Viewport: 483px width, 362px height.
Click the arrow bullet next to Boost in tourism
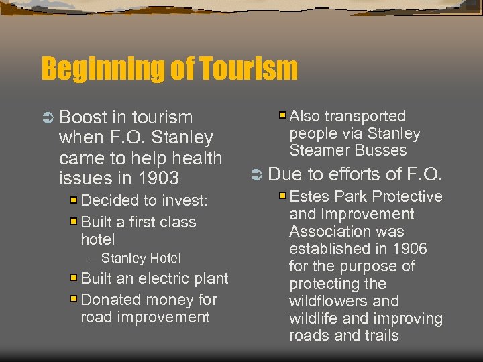[48, 118]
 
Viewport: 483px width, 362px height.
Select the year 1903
[158, 178]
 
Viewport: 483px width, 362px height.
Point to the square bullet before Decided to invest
[74, 200]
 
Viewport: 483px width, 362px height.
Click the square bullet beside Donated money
[74, 299]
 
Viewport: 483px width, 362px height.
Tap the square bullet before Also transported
[283, 116]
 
